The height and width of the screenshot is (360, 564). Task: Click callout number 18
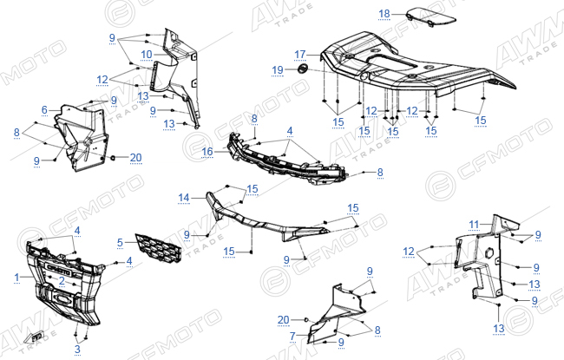click(x=384, y=14)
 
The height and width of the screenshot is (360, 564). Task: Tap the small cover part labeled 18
click(x=430, y=16)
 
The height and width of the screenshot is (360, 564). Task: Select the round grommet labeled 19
click(x=303, y=69)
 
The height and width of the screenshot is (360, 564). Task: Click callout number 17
click(x=300, y=55)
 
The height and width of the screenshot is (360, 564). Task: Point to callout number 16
click(x=207, y=152)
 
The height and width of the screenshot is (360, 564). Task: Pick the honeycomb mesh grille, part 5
click(x=158, y=248)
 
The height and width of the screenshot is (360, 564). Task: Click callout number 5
click(x=120, y=243)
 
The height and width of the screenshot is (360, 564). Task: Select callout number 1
click(x=16, y=278)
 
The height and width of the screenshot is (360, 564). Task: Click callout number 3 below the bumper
click(x=77, y=349)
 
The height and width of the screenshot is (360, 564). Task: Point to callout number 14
click(x=184, y=198)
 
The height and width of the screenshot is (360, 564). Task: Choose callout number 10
click(x=147, y=55)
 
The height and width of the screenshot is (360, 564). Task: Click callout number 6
click(x=44, y=110)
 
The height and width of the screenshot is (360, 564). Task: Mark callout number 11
click(x=474, y=226)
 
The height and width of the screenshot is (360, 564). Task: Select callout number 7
click(x=292, y=337)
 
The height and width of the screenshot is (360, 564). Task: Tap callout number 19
click(x=278, y=70)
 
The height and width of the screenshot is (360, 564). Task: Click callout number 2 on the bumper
click(x=62, y=281)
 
